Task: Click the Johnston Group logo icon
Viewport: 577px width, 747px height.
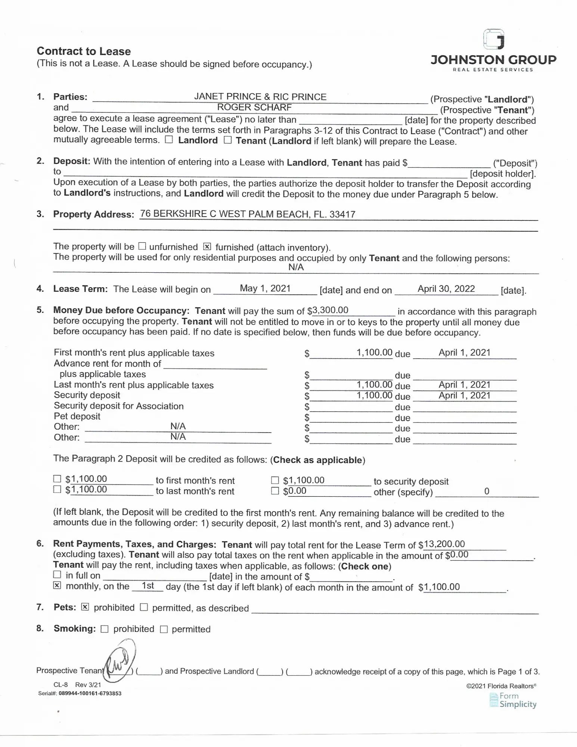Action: click(494, 40)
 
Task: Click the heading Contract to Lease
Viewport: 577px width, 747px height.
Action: click(84, 51)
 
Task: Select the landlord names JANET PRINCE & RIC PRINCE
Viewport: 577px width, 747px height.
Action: click(260, 97)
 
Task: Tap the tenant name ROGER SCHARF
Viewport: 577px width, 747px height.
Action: click(254, 108)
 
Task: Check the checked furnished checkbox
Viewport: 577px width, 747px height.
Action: click(207, 247)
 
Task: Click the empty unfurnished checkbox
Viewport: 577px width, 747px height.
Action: click(142, 246)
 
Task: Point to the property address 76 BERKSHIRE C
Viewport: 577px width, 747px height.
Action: click(247, 214)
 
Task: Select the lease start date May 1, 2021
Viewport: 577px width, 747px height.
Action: click(265, 288)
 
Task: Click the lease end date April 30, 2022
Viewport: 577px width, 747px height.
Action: click(446, 289)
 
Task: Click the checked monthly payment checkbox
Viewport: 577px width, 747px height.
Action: click(57, 585)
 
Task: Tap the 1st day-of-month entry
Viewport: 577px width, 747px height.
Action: click(148, 586)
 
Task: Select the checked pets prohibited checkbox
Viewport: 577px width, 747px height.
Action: click(85, 607)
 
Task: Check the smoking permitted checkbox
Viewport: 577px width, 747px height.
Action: click(164, 629)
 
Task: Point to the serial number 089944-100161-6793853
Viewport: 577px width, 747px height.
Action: click(90, 694)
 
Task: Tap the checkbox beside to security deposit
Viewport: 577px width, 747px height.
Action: click(275, 480)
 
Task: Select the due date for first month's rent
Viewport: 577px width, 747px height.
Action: click(464, 353)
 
